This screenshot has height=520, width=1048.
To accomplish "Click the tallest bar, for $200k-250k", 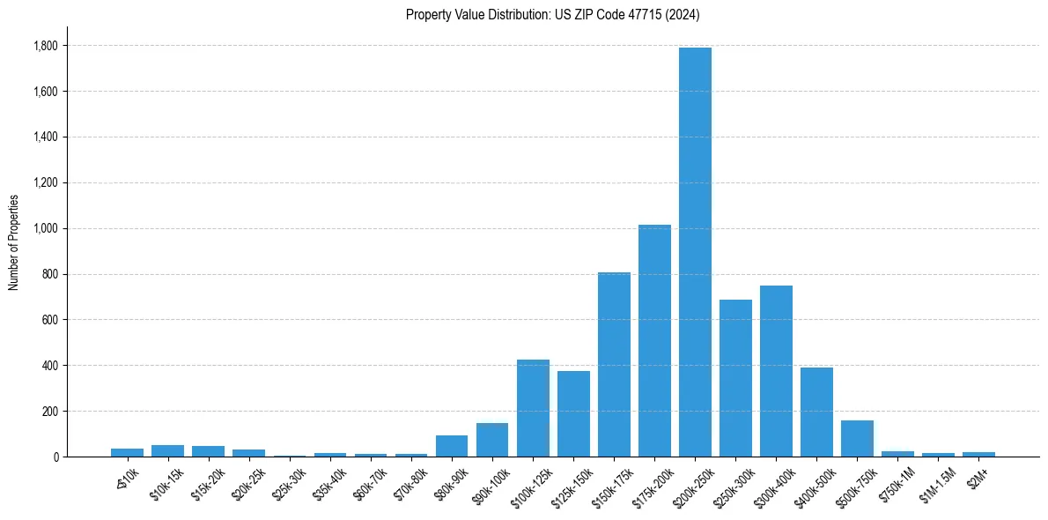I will (x=695, y=252).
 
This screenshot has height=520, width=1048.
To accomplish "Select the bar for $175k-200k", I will (x=654, y=340).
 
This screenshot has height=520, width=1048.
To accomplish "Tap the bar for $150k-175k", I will (x=614, y=364).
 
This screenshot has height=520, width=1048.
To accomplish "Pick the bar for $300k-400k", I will (x=776, y=371).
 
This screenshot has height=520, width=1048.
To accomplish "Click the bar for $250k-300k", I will (x=735, y=378).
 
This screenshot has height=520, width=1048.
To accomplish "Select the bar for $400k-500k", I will (x=816, y=412).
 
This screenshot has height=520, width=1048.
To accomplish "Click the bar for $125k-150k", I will (x=573, y=413).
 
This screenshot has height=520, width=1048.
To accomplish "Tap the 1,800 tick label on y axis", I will (x=46, y=46).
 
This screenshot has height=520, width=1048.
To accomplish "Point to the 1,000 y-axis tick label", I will (x=46, y=228).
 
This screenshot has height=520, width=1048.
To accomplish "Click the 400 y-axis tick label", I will (x=51, y=366).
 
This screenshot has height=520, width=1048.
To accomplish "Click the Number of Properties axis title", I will (x=13, y=241).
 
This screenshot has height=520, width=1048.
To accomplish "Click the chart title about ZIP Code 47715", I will (x=552, y=14).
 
